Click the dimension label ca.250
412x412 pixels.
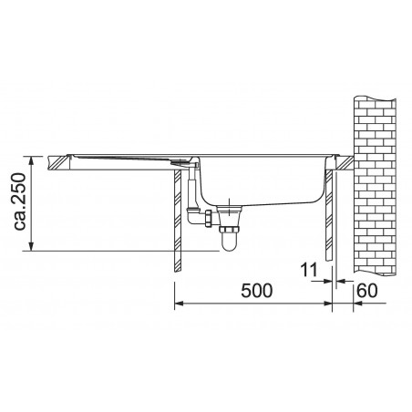tap(20, 201)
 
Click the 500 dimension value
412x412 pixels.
tap(257, 291)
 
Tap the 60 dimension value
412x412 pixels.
tap(367, 291)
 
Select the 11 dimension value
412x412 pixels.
tap(309, 270)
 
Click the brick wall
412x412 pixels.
tap(376, 187)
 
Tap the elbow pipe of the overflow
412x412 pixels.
tap(195, 216)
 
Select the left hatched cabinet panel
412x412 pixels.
tap(178, 221)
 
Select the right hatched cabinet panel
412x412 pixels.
tap(329, 215)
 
